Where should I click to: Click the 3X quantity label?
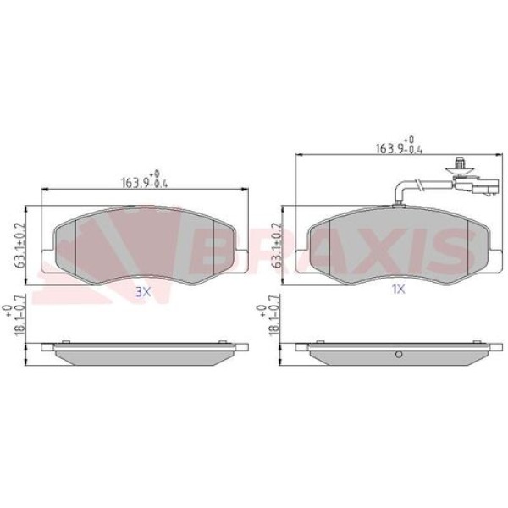tap(143, 293)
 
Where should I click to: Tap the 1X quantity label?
tap(399, 289)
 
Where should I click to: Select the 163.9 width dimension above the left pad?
tap(145, 179)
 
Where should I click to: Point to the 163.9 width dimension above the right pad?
tap(399, 146)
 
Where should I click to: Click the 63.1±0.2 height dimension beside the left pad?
tap(20, 246)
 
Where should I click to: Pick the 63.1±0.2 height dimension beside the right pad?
tap(277, 246)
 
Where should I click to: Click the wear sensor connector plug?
tap(476, 185)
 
